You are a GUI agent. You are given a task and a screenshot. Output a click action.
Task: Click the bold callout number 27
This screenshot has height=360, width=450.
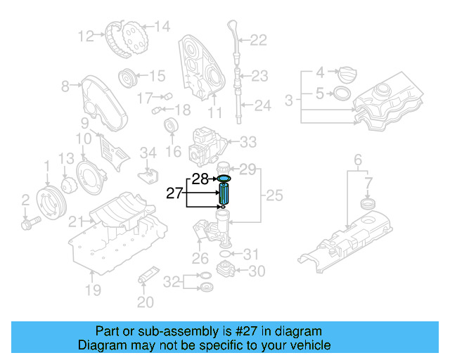tap(174, 193)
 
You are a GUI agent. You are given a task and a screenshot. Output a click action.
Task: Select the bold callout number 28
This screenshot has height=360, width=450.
tap(200, 180)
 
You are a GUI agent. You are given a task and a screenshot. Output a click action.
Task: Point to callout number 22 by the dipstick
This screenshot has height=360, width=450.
tap(258, 41)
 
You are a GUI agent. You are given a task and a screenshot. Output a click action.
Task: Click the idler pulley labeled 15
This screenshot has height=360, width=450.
tap(127, 76)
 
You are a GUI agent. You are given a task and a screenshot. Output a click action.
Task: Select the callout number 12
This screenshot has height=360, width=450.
tap(86, 35)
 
